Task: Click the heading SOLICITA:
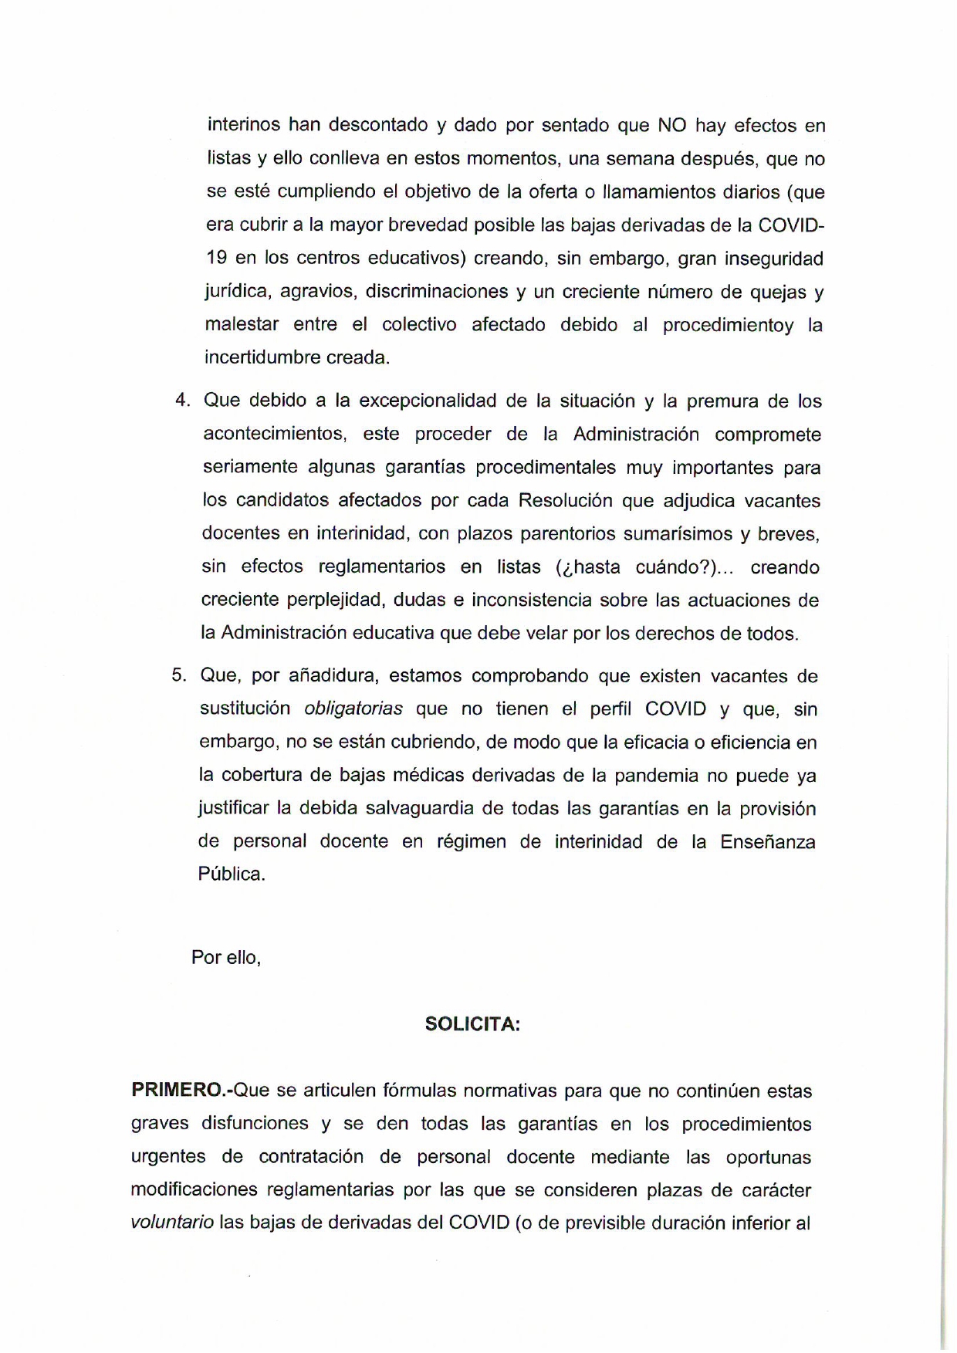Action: click(x=472, y=1024)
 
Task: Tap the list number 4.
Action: click(x=182, y=401)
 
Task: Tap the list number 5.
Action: click(x=179, y=675)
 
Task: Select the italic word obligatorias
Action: click(x=353, y=709)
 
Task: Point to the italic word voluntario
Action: click(x=172, y=1223)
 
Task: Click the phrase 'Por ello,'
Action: click(x=226, y=957)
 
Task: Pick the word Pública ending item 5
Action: click(x=232, y=874)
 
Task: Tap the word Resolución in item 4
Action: click(x=563, y=500)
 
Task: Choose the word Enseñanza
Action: click(x=768, y=841)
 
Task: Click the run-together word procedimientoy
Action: click(x=728, y=325)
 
